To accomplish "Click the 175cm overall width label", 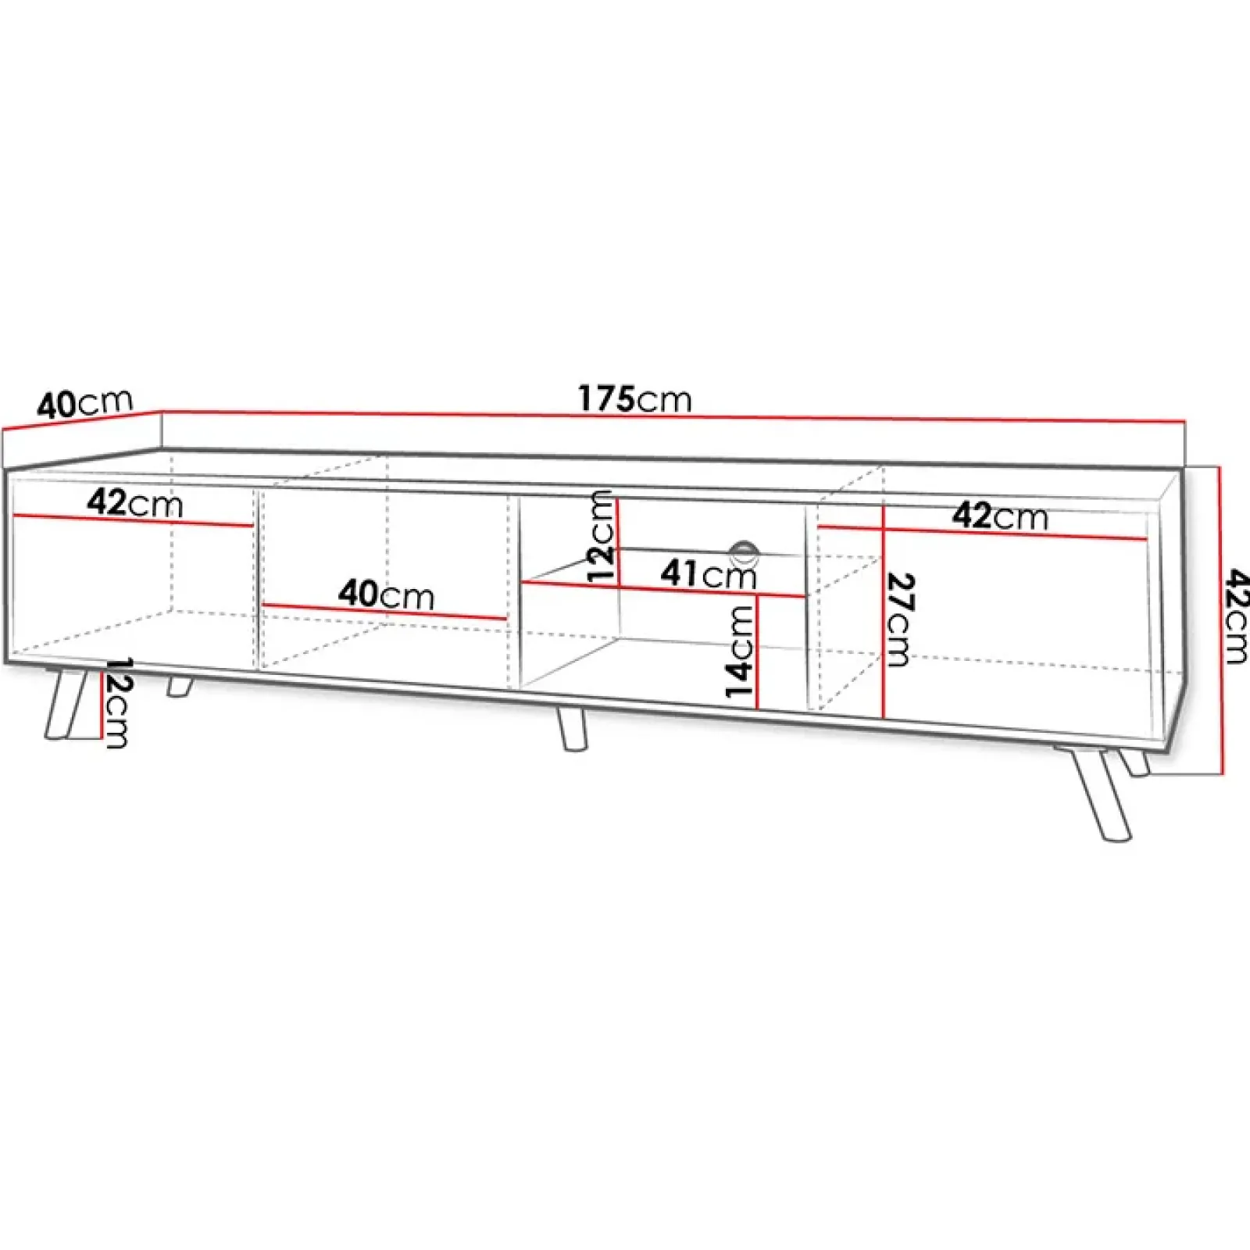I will pyautogui.click(x=634, y=399).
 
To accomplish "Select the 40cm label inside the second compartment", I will pyautogui.click(x=386, y=595).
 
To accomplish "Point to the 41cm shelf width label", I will pyautogui.click(x=708, y=575).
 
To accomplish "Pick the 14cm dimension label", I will pyautogui.click(x=739, y=652).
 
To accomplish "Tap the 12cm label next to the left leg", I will pyautogui.click(x=117, y=702).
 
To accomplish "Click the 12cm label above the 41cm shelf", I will pyautogui.click(x=602, y=536).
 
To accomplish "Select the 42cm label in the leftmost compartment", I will pyautogui.click(x=134, y=503).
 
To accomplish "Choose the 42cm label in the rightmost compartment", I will pyautogui.click(x=999, y=516).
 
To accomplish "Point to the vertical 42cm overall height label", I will pyautogui.click(x=1236, y=616).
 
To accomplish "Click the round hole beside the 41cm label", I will pyautogui.click(x=743, y=553).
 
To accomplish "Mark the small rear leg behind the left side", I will pyautogui.click(x=179, y=687).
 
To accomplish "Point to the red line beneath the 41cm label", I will pyautogui.click(x=664, y=589).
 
